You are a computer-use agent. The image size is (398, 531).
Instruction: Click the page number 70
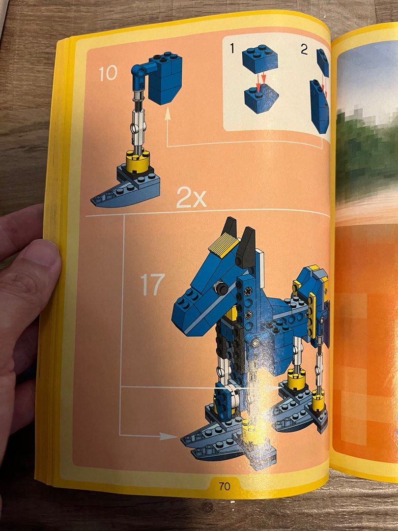[x=225, y=486]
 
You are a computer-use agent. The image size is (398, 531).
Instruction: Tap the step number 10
[x=108, y=73]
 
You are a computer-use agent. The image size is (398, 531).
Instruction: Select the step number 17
[x=153, y=285]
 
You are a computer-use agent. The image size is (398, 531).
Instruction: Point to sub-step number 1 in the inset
[x=232, y=48]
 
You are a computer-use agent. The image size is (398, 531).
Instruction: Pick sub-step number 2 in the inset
[x=304, y=50]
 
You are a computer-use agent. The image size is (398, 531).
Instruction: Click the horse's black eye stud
[x=222, y=288]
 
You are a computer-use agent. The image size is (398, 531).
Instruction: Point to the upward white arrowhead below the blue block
[x=167, y=115]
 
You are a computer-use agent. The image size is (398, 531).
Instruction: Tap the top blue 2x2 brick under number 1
[x=260, y=58]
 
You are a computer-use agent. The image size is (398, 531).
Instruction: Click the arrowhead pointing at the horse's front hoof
[x=168, y=436]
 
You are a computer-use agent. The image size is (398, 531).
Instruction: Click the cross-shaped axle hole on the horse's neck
[x=249, y=291]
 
